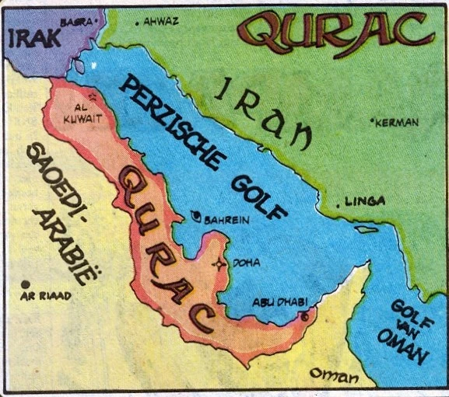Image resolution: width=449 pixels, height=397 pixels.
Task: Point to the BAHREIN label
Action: click(226, 220)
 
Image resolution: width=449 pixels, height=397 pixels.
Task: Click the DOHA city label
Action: click(247, 263)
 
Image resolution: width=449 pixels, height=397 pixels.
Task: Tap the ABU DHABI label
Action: click(280, 302)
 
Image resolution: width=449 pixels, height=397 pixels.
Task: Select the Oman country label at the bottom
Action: click(333, 374)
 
